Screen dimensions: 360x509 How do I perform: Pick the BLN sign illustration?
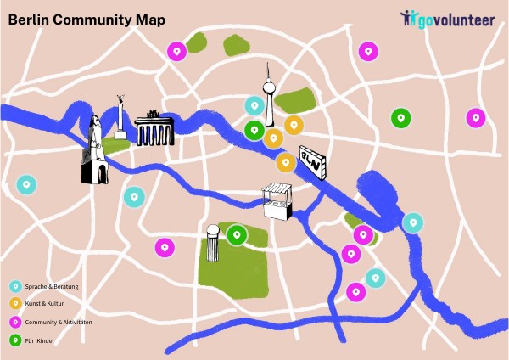(x=312, y=161)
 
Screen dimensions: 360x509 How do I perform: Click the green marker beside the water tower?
(x=237, y=233)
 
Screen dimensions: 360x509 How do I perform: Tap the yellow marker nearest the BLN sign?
(x=286, y=161)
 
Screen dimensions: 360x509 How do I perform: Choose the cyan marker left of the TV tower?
(x=254, y=106)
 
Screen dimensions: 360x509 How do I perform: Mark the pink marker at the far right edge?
(x=475, y=117)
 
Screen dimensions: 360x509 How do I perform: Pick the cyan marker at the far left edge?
(x=26, y=184)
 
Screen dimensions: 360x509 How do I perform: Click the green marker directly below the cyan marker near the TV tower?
(x=253, y=131)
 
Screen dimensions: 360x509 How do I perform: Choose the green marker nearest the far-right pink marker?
(x=400, y=118)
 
